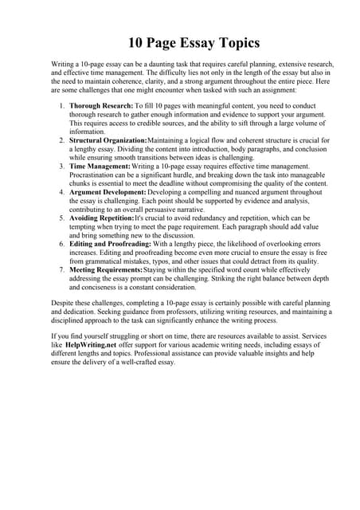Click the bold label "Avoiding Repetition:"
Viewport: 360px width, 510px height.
point(102,218)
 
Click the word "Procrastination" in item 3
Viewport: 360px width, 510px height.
point(97,175)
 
